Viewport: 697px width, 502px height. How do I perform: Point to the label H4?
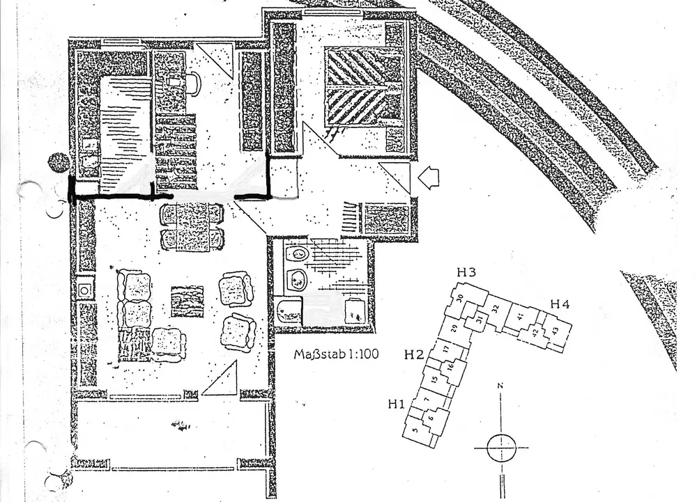tap(560, 304)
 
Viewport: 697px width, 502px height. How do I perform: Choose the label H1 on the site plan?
tap(397, 402)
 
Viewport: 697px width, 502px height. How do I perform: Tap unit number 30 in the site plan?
tap(461, 299)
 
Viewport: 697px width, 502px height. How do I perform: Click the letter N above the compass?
tap(500, 385)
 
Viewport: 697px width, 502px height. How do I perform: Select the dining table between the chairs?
tap(192, 228)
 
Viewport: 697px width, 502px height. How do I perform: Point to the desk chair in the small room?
tap(191, 84)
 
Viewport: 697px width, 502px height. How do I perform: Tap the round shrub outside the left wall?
tap(59, 163)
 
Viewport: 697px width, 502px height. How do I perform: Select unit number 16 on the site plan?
tap(450, 367)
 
